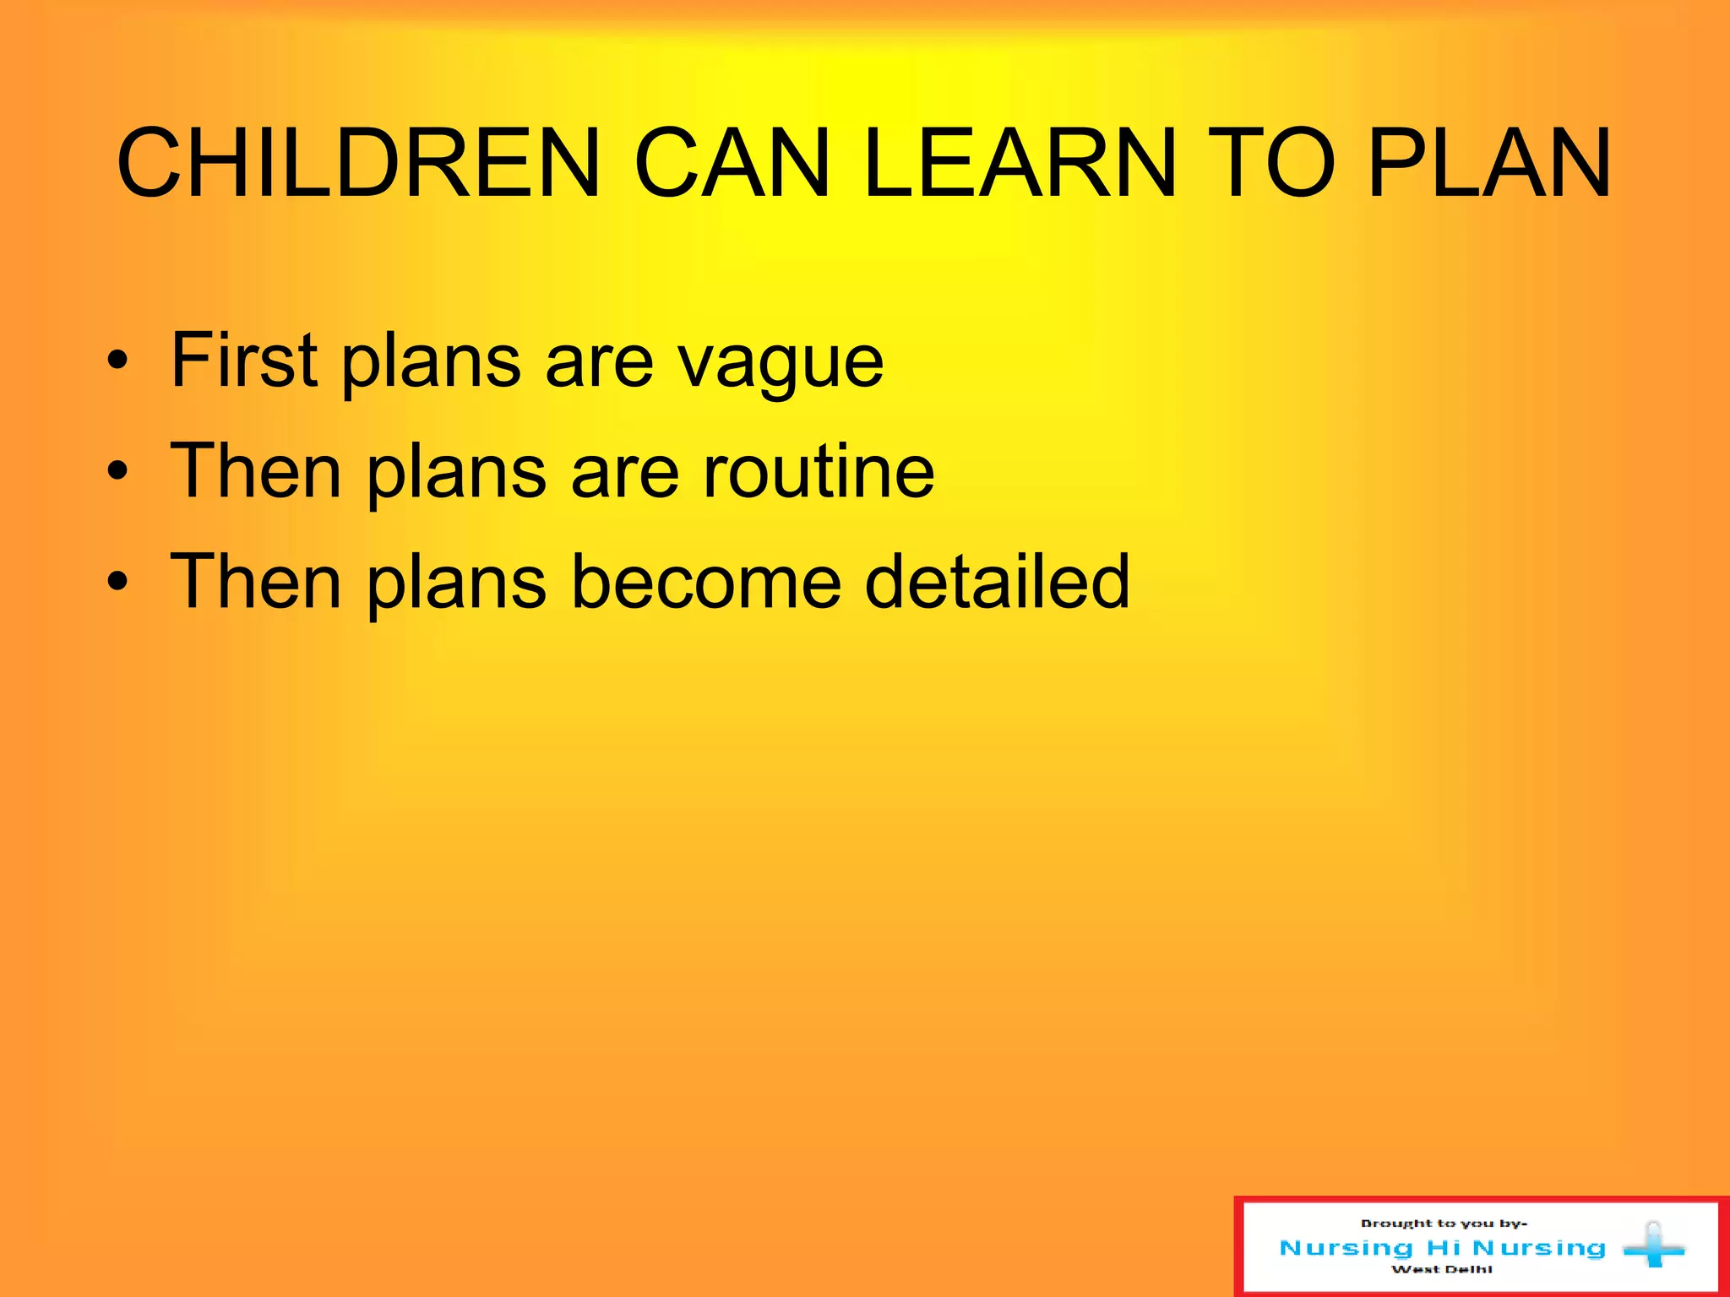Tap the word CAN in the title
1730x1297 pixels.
coord(732,164)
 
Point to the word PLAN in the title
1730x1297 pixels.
coord(1489,164)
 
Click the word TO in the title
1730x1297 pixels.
coord(1270,164)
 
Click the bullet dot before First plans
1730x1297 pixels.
coord(118,362)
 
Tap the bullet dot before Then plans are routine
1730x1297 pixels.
coord(118,473)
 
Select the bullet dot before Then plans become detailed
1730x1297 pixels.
coord(118,583)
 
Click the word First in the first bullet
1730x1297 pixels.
coord(244,361)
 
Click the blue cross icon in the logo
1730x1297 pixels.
coord(1653,1245)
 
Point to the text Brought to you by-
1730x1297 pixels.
coord(1444,1224)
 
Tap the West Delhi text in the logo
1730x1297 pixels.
coord(1442,1269)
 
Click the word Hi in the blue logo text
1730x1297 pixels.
coord(1443,1247)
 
